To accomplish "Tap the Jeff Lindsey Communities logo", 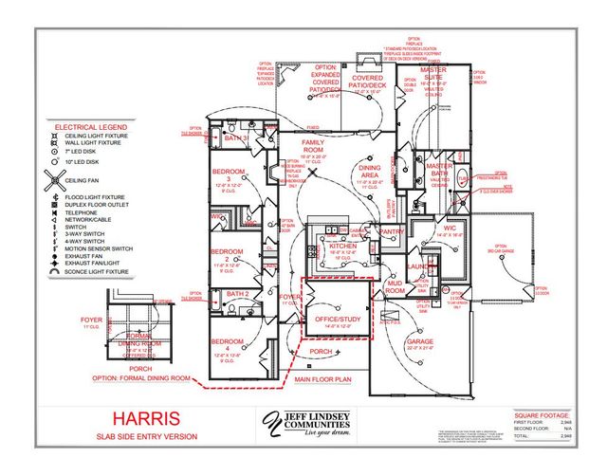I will pyautogui.click(x=304, y=424).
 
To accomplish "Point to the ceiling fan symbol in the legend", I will pyautogui.click(x=57, y=178).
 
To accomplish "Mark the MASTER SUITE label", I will pyautogui.click(x=433, y=74).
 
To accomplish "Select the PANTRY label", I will pyautogui.click(x=392, y=230).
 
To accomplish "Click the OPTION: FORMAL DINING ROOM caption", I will pyautogui.click(x=150, y=380).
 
